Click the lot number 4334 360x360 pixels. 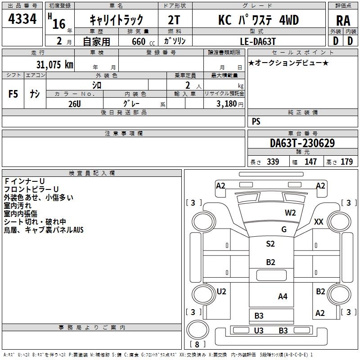point(22,19)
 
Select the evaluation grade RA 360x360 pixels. point(343,21)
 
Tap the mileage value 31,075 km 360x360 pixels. point(54,64)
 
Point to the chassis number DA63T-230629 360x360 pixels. point(302,143)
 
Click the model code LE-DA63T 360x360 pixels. point(257,41)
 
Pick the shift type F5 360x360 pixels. point(13,94)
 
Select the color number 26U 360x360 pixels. point(75,104)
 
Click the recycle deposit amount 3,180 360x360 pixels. point(226,104)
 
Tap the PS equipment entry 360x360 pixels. point(256,121)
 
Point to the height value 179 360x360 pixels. point(346,162)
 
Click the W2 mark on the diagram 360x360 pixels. point(290,213)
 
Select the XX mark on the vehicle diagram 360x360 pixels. point(319,222)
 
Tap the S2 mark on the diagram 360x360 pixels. point(270,243)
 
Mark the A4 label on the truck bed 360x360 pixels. point(283,297)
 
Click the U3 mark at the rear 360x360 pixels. point(258,330)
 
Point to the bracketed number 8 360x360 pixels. point(197,344)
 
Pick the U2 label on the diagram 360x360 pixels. point(221,291)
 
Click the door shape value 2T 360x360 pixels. point(174,20)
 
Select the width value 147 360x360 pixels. point(310,162)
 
